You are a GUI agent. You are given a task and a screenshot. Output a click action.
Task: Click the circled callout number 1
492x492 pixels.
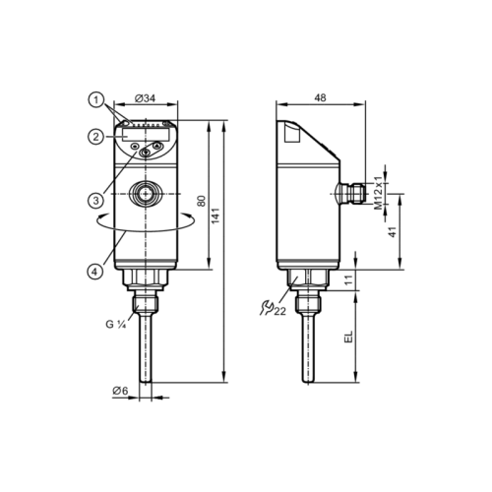click(96, 100)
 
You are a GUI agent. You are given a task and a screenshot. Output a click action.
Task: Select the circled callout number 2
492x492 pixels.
click(95, 137)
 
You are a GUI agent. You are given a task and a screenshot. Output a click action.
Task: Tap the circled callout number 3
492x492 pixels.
click(95, 200)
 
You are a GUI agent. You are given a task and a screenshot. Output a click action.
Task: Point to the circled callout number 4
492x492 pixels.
click(95, 272)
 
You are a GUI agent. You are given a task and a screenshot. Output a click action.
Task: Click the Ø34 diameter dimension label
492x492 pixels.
click(145, 98)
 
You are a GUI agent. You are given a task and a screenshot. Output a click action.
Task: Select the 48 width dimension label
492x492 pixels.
click(320, 97)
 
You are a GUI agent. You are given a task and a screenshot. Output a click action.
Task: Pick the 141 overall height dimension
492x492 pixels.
click(215, 215)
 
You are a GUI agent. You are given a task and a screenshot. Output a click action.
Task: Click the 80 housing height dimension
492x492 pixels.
click(202, 201)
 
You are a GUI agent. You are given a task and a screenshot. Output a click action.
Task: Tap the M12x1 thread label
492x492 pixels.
click(379, 193)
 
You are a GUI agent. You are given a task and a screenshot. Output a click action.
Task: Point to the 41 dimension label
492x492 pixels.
click(393, 231)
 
